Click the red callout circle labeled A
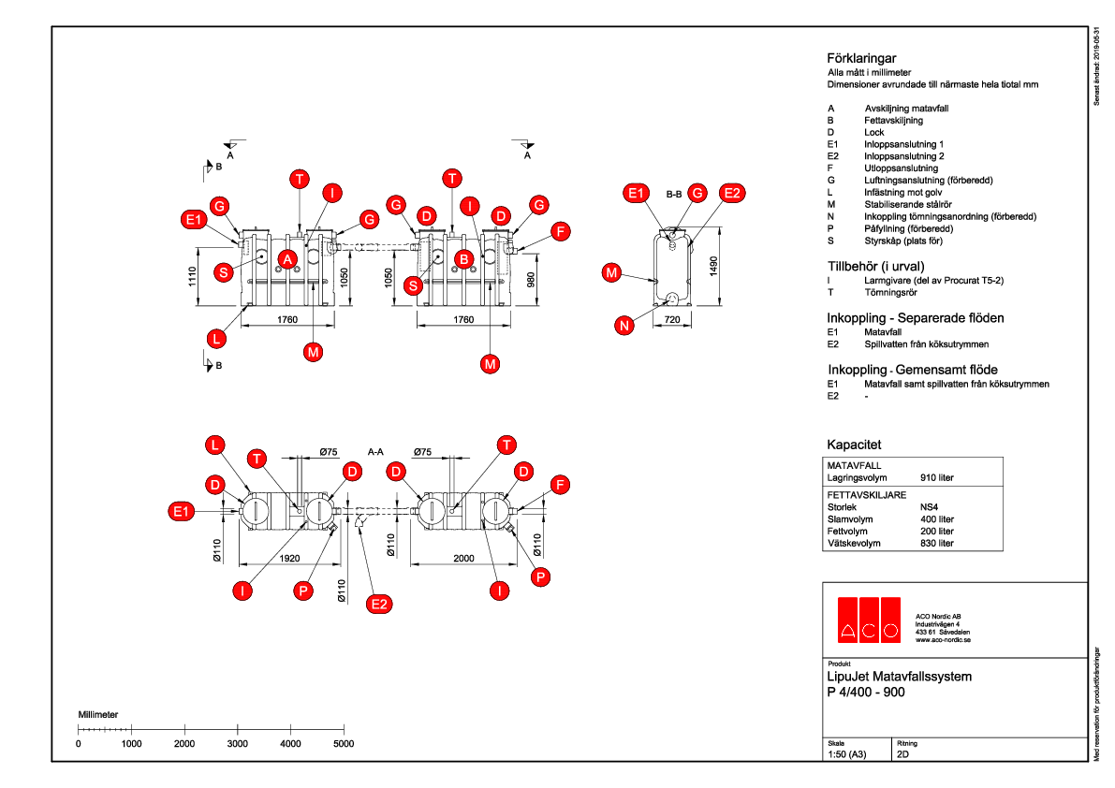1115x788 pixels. [x=288, y=257]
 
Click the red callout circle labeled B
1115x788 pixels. [x=462, y=257]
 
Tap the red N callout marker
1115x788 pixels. [x=624, y=325]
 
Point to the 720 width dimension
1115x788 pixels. [x=673, y=320]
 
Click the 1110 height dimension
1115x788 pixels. [x=193, y=277]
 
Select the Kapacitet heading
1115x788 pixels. [x=854, y=445]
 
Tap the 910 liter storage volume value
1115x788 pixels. [x=937, y=477]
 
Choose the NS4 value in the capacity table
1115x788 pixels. [x=931, y=506]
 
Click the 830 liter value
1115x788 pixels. [x=937, y=543]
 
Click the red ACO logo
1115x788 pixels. [x=870, y=619]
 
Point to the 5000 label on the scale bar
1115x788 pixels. [x=344, y=744]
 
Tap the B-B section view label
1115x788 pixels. [x=673, y=195]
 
